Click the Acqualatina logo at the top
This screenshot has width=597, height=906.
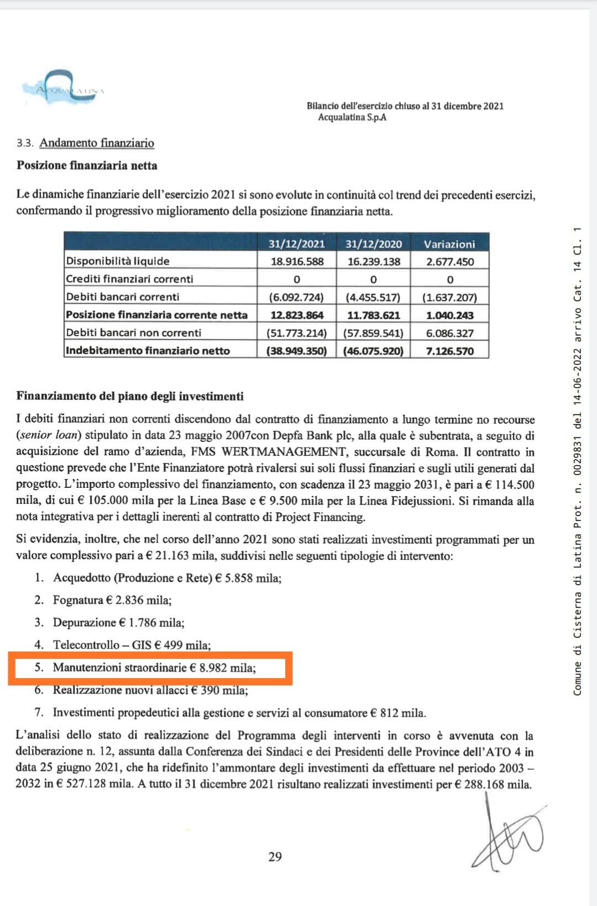coord(62,87)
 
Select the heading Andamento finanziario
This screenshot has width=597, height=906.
coord(96,143)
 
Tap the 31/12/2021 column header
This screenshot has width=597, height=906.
coord(296,244)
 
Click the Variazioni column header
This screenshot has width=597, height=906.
coord(449,244)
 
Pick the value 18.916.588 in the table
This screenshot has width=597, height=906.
coord(297,262)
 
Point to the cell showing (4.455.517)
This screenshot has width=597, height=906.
coord(373,297)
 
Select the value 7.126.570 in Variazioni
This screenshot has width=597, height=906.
coord(449,351)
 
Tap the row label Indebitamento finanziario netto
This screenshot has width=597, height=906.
coord(148,351)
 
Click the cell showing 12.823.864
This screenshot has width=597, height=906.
coord(297,315)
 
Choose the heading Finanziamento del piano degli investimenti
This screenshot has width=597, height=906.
coord(130,396)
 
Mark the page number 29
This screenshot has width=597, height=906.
coord(275,857)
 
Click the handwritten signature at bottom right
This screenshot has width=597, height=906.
coord(506,835)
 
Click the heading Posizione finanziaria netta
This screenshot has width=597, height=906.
coord(87,165)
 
